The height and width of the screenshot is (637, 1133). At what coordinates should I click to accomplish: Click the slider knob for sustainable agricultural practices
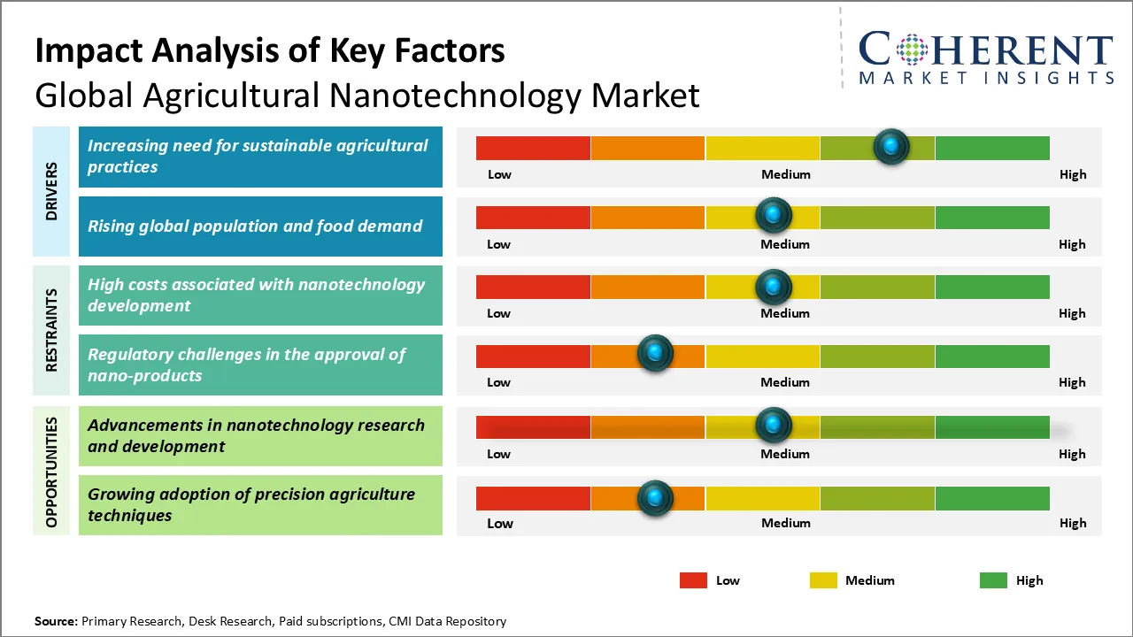pyautogui.click(x=891, y=146)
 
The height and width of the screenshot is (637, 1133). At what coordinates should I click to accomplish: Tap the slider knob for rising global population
pyautogui.click(x=774, y=215)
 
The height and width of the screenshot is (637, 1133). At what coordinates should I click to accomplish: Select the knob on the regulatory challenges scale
pyautogui.click(x=655, y=354)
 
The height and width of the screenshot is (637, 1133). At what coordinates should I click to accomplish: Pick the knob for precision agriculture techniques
pyautogui.click(x=655, y=497)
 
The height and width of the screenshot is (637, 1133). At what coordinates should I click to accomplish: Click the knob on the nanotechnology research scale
pyautogui.click(x=774, y=426)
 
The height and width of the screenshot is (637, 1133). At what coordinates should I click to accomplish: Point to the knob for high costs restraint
pyautogui.click(x=774, y=287)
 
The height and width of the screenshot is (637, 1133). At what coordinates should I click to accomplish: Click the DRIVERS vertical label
pyautogui.click(x=51, y=191)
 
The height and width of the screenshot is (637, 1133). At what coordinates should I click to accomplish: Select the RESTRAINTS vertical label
pyautogui.click(x=51, y=330)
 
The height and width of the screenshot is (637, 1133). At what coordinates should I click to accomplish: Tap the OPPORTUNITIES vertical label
pyautogui.click(x=51, y=472)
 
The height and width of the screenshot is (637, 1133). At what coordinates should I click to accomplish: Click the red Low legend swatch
pyautogui.click(x=693, y=580)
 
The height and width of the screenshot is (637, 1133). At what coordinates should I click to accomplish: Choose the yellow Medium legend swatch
pyautogui.click(x=823, y=580)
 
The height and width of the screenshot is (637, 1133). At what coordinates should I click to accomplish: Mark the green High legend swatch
pyautogui.click(x=993, y=580)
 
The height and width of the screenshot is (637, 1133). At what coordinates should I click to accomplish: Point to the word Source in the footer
pyautogui.click(x=55, y=621)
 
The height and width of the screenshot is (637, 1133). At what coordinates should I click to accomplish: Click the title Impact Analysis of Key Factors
pyautogui.click(x=270, y=50)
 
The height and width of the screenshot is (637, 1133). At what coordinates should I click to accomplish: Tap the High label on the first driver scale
pyautogui.click(x=1073, y=174)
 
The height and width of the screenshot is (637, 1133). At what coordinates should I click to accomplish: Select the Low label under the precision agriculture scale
pyautogui.click(x=500, y=523)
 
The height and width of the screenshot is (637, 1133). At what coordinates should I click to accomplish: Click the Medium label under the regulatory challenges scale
pyautogui.click(x=785, y=382)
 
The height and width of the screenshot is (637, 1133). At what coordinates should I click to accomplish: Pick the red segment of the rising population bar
pyautogui.click(x=533, y=217)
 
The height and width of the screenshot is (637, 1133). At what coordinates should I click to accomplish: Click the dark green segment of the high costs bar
pyautogui.click(x=991, y=287)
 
